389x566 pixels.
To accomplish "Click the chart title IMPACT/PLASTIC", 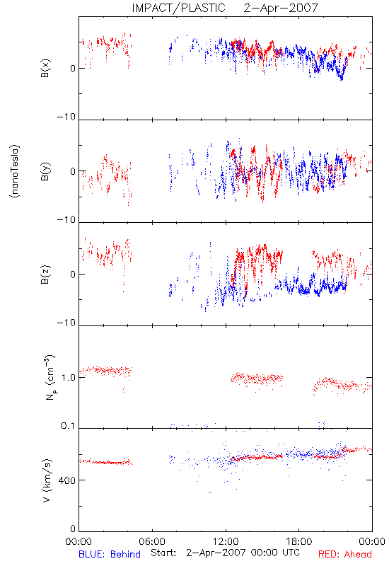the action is point(179,8).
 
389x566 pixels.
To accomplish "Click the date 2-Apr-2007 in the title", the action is point(281,8).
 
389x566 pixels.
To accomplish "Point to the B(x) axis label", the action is point(45,68).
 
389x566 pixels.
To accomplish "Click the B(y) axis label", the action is point(45,171).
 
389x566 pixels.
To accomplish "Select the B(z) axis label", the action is point(45,275).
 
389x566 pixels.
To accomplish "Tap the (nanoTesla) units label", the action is point(15,171).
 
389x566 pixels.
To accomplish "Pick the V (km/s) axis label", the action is point(47,480).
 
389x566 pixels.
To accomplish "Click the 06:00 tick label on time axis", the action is point(152,541).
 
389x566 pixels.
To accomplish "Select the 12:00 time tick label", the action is point(226,541).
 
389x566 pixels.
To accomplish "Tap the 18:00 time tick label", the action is point(298,541).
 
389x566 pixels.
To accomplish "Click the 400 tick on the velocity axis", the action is point(67,480).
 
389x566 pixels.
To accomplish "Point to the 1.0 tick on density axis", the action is point(68,378).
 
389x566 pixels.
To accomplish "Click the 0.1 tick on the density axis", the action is point(68,426).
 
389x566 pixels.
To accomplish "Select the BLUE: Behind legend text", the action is point(110,554).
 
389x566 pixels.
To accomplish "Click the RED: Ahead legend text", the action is point(345,554).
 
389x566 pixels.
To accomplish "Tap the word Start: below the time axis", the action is point(163,553).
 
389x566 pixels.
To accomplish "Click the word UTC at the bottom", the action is point(291,553).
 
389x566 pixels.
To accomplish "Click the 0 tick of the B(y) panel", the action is point(73,171).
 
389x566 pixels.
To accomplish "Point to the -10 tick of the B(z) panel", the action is point(66,323).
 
